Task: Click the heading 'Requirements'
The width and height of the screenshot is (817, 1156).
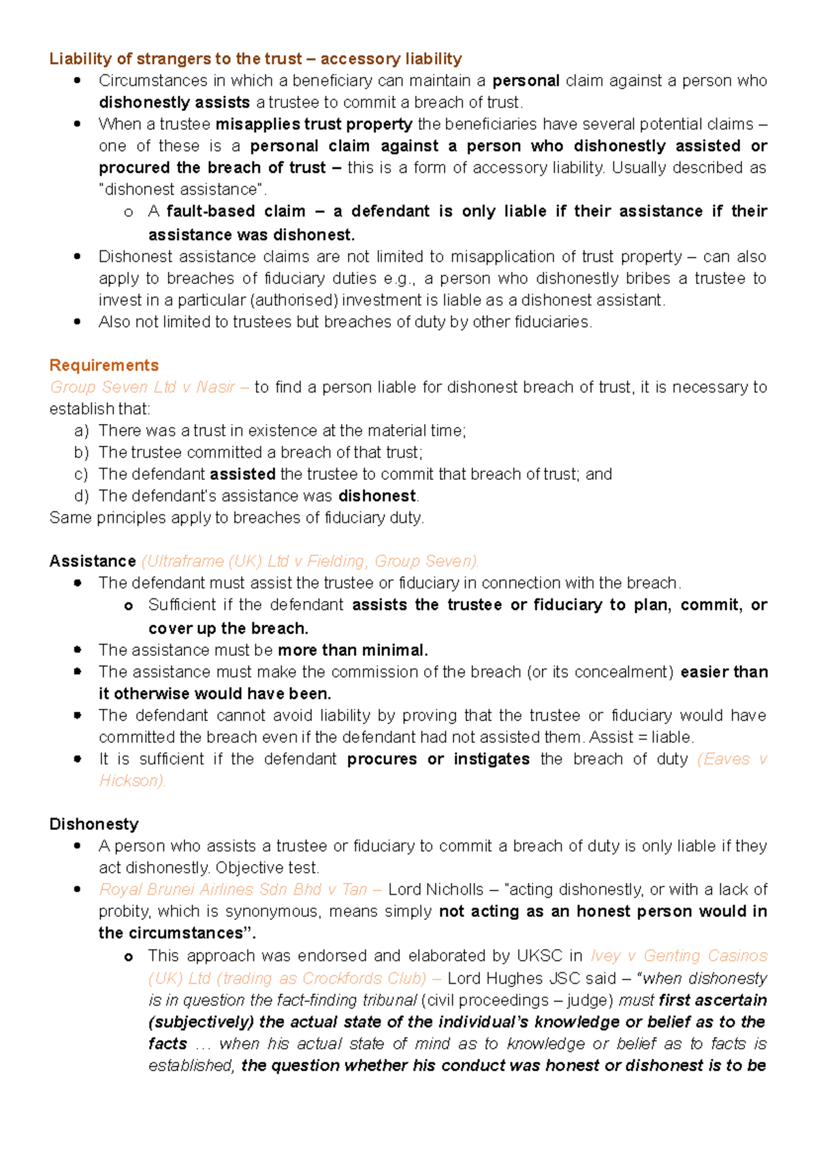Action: (103, 366)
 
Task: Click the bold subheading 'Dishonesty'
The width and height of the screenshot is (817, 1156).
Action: (94, 824)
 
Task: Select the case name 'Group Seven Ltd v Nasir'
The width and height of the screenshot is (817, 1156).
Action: (142, 387)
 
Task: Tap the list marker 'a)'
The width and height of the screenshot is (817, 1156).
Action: (82, 431)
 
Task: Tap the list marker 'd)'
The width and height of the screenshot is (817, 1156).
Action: (82, 496)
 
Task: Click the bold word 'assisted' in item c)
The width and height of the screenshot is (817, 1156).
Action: (242, 475)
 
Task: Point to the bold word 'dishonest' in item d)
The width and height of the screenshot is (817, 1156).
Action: (377, 496)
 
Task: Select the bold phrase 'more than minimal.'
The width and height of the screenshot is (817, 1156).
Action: (353, 650)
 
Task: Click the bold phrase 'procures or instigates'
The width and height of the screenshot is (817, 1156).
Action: (438, 759)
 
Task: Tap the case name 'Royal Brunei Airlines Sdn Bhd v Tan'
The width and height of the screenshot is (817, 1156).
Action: (233, 890)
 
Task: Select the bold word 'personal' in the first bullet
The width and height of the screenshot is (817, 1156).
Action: (526, 81)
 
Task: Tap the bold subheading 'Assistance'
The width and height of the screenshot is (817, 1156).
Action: (93, 562)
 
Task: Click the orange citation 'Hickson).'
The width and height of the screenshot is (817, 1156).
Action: (132, 781)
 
